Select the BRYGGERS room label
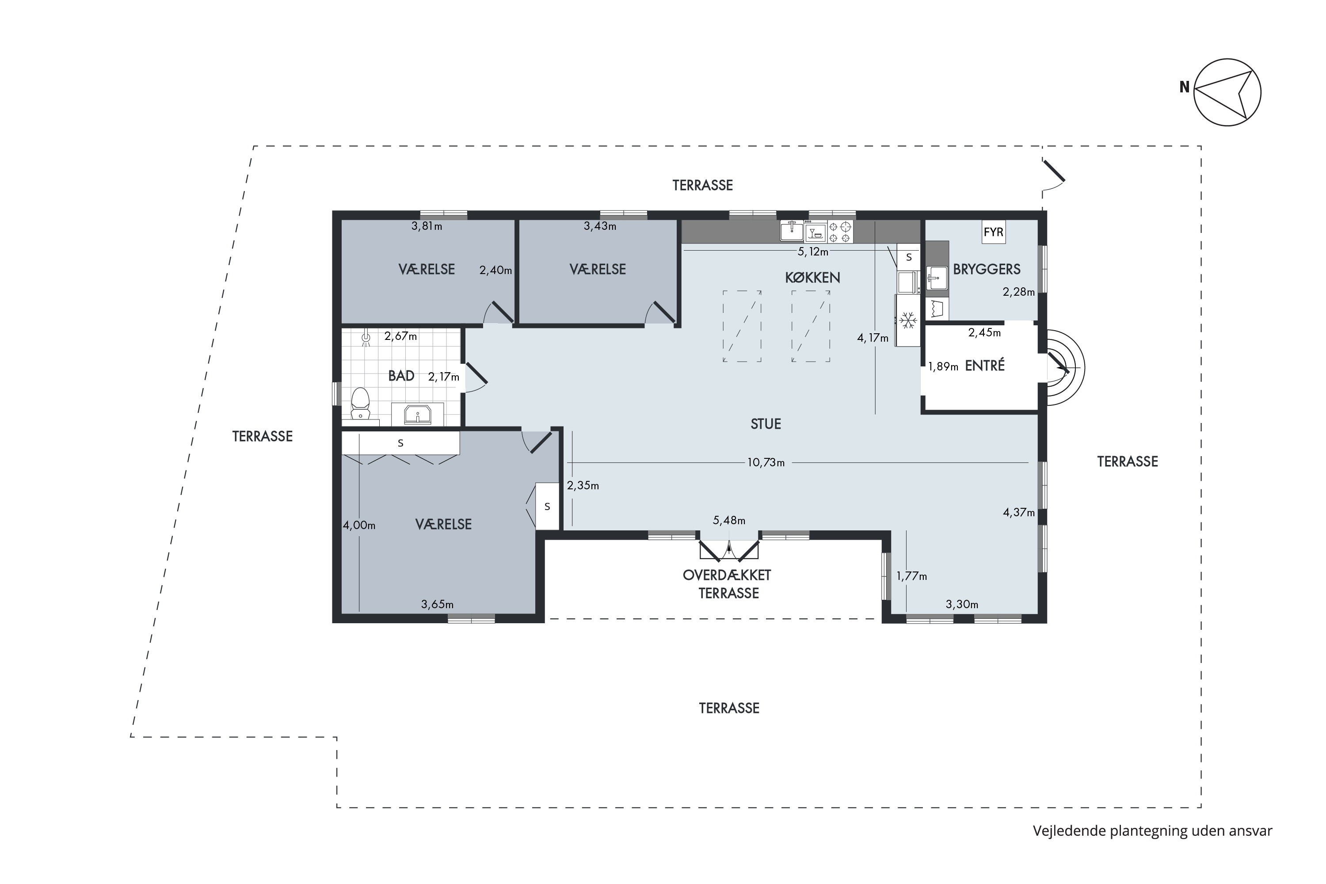(x=987, y=270)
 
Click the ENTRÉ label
(x=985, y=366)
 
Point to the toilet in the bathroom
(x=360, y=403)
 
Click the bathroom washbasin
(x=418, y=415)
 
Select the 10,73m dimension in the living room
(x=766, y=463)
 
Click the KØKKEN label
(x=812, y=278)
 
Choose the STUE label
(x=766, y=424)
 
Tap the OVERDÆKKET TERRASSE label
(x=727, y=584)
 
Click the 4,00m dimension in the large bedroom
(x=359, y=526)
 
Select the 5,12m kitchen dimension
(x=813, y=252)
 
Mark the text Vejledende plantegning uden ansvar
(x=1152, y=831)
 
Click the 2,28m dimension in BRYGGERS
(x=1019, y=292)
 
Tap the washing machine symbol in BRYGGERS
(x=937, y=309)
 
